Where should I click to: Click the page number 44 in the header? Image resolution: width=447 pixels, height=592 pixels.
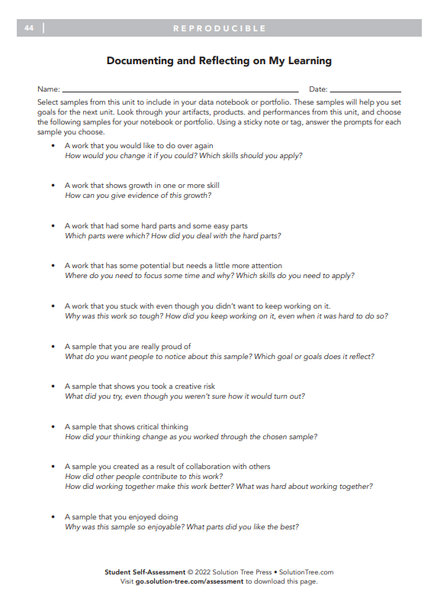tap(28, 28)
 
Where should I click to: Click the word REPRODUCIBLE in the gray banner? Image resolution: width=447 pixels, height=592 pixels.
tap(219, 28)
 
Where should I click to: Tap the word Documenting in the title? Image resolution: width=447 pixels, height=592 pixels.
tap(140, 60)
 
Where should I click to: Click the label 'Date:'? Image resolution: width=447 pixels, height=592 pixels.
tap(318, 89)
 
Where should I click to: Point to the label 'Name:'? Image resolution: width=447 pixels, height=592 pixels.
tap(48, 89)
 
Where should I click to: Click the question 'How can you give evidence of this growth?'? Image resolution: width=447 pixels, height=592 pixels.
tap(138, 195)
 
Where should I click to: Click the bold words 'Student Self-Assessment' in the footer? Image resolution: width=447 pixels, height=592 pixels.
tap(145, 571)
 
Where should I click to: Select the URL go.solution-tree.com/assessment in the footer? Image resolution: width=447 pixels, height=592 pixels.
tap(189, 581)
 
